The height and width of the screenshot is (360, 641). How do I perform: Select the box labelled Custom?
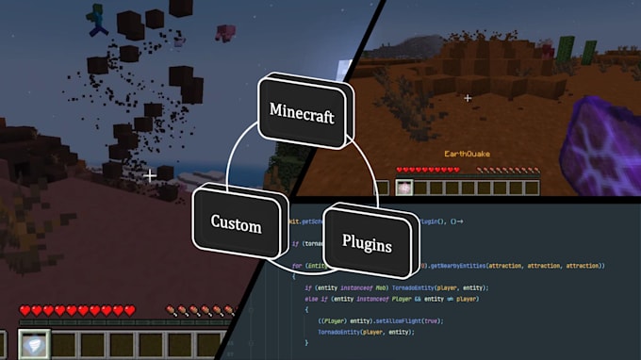point(236,224)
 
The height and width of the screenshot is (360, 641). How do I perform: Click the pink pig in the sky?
point(224,33)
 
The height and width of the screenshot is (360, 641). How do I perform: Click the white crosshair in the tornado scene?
point(150,175)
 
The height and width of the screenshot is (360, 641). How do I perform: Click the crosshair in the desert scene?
point(468,97)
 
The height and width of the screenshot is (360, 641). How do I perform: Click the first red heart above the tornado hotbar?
point(25,310)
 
